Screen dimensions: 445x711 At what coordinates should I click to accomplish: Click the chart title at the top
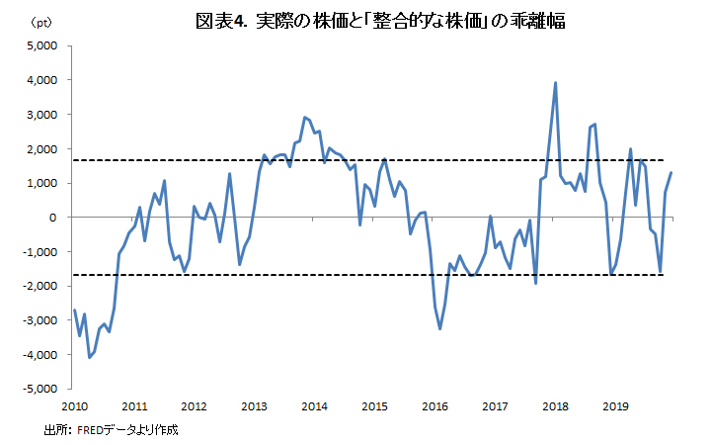[x=379, y=22]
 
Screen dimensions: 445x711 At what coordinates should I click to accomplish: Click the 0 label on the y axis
[x=56, y=218]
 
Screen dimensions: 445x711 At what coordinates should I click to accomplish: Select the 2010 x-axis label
[x=75, y=406]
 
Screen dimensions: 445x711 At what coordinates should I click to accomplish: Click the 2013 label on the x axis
[x=255, y=406]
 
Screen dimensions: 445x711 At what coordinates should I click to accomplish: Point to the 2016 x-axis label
[x=435, y=406]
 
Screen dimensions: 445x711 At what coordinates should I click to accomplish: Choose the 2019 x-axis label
[x=615, y=406]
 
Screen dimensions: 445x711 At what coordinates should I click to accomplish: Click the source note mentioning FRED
[x=111, y=431]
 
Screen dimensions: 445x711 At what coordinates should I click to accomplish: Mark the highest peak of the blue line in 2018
[x=556, y=83]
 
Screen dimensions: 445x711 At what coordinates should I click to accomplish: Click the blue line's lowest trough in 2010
[x=89, y=356]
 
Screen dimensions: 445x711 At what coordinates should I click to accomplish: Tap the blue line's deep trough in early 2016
[x=440, y=328]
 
